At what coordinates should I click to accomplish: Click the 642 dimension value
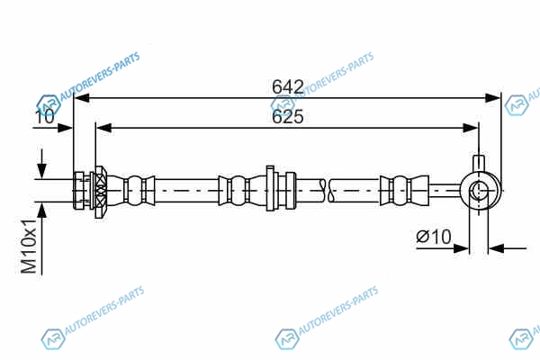coord(288,86)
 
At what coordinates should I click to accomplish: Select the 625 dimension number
coord(288,116)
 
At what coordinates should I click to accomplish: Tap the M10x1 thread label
coord(29,246)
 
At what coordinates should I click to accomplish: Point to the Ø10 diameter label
coord(434,237)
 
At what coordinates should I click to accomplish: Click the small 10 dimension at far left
coord(45,117)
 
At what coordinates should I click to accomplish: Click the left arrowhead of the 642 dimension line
coord(82,98)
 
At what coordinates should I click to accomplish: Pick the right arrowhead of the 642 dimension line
coord(491,98)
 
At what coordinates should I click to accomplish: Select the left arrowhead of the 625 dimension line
coord(104,128)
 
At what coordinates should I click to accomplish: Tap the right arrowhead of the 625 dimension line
coord(471,128)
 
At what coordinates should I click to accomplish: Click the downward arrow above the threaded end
coord(41,164)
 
